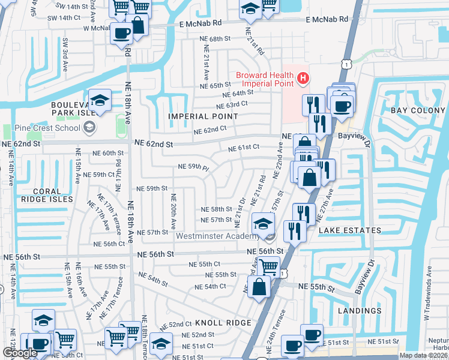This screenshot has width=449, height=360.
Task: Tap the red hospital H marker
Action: point(303,77)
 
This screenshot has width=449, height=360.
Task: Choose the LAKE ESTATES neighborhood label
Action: point(349,230)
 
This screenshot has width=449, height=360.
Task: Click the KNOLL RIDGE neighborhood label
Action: point(206,323)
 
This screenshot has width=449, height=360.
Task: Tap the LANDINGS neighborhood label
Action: point(360,311)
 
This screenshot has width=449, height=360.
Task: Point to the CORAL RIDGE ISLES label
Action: point(45,194)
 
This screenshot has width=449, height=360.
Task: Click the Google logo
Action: point(20,353)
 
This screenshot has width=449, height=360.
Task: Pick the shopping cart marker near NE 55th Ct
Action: point(268,265)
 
